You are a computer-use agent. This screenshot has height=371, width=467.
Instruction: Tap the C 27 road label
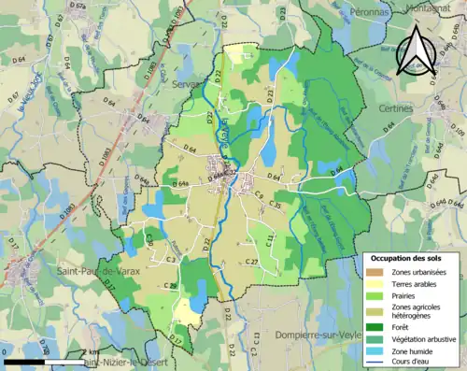point(251,262)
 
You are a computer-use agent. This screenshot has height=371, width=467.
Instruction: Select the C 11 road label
point(269,240)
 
